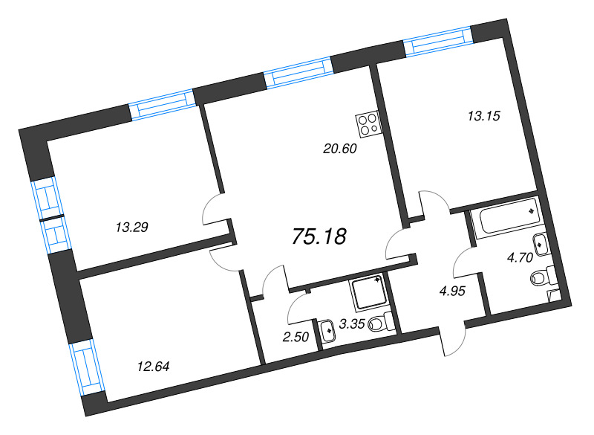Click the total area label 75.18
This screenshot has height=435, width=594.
[319, 236]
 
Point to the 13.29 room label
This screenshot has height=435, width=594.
[133, 227]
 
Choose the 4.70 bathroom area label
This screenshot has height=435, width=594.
[518, 258]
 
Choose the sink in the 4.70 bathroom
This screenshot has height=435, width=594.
[541, 242]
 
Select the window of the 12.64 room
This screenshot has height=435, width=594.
[88, 367]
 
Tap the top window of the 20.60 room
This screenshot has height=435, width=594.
[297, 74]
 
